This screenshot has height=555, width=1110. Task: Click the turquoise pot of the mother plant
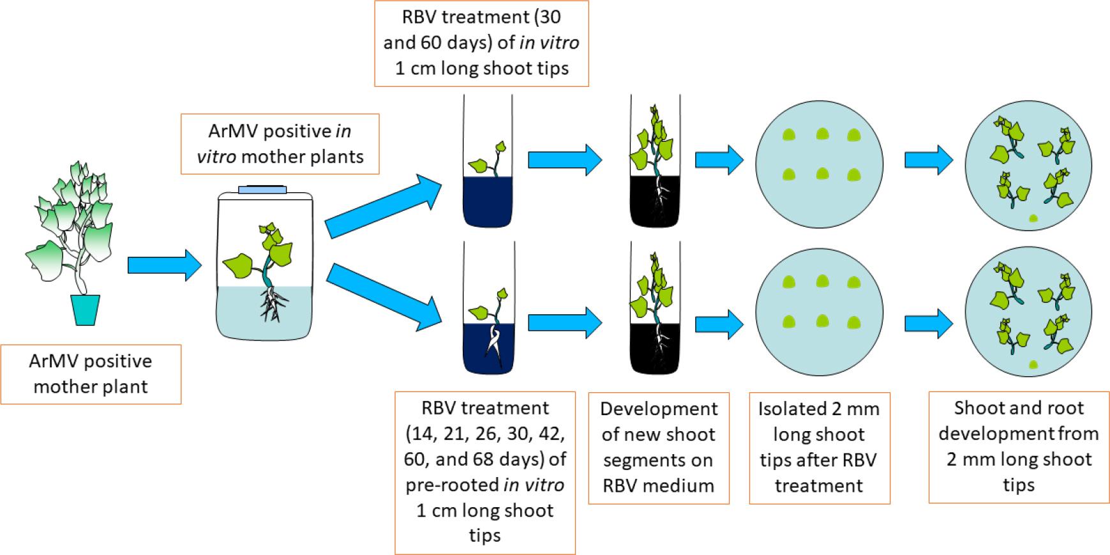coord(87,310)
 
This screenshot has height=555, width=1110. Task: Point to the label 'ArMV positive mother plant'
coord(91,374)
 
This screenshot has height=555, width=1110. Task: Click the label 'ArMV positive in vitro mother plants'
coord(280,144)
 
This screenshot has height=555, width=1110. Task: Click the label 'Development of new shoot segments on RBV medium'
coord(658,448)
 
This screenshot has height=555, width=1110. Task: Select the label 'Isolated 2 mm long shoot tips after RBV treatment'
coord(819,448)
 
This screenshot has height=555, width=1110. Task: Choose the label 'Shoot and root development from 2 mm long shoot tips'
coord(1019,446)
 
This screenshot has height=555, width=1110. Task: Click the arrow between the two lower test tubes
coord(565,323)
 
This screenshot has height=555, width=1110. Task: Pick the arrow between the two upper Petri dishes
coord(929,160)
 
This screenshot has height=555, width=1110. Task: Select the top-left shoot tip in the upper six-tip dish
coord(790,135)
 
